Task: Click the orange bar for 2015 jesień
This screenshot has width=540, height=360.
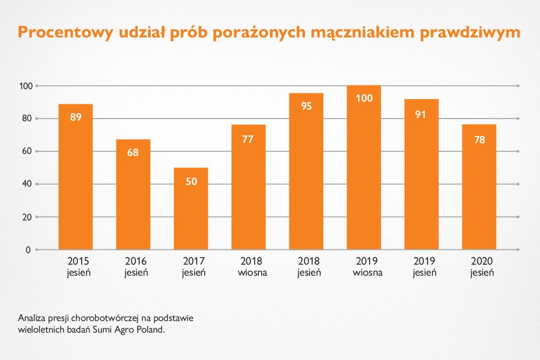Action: coord(75,177)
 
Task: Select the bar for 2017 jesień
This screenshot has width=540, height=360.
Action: coord(191,209)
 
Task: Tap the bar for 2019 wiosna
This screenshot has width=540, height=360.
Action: coord(364,168)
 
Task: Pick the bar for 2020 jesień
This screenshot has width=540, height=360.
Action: coord(479,187)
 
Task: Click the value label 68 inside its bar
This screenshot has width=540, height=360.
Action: coord(133,153)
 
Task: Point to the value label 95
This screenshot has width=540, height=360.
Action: coord(306,106)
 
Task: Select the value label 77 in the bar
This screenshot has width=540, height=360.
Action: coord(248,140)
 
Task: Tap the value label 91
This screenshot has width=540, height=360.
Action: coord(420,114)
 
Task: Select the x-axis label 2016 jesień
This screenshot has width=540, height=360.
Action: coord(136,267)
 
